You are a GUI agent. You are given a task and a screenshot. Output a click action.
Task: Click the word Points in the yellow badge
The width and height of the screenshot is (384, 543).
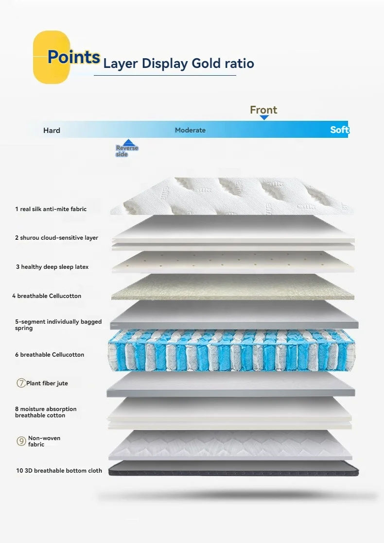(x=74, y=57)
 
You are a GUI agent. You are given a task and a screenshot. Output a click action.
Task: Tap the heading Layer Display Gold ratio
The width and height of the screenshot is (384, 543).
(x=178, y=64)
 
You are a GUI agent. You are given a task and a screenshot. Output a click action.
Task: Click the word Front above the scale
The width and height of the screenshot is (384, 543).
(x=263, y=110)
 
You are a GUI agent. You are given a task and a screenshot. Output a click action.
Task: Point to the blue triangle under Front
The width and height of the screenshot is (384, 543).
(x=264, y=117)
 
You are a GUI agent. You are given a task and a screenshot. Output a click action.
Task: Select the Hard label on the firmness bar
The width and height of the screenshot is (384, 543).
(x=52, y=130)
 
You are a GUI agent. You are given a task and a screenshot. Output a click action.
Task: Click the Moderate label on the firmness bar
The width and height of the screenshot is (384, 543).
(x=190, y=130)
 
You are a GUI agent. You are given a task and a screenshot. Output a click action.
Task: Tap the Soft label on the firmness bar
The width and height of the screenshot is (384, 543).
(x=339, y=130)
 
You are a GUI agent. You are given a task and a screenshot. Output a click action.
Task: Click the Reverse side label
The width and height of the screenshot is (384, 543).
(x=127, y=151)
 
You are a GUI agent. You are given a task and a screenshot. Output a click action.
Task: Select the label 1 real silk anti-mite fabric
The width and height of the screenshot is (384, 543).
(x=51, y=209)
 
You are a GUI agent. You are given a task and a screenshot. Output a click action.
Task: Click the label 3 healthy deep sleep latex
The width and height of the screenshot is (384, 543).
(x=52, y=267)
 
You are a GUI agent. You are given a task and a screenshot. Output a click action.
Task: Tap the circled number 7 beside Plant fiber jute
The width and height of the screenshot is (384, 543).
(x=21, y=383)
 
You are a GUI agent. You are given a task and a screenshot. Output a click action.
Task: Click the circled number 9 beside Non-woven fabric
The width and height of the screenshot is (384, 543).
(x=21, y=441)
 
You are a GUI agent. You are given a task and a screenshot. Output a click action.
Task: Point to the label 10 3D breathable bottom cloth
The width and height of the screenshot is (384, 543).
(x=58, y=471)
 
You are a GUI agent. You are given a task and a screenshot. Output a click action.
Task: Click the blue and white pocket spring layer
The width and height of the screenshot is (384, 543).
(x=231, y=350)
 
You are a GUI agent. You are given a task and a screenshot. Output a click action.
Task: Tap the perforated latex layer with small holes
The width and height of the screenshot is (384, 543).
(x=232, y=262)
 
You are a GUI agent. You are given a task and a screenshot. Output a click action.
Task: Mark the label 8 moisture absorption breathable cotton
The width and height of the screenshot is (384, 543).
(x=46, y=412)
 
